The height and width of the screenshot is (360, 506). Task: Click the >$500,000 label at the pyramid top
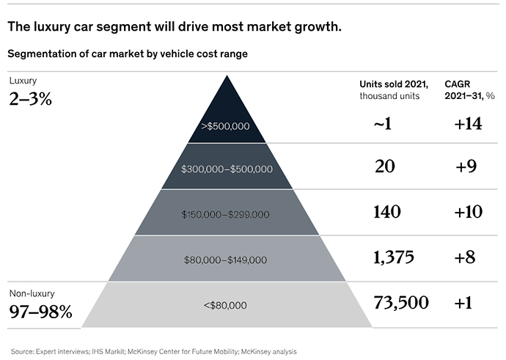click(225, 126)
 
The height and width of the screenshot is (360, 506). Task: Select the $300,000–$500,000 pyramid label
click(226, 169)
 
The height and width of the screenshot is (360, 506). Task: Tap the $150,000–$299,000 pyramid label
click(226, 214)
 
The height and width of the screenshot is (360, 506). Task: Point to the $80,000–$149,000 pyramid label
click(226, 260)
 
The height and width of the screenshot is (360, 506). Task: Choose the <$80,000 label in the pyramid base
click(226, 304)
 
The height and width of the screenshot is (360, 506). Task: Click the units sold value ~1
click(382, 124)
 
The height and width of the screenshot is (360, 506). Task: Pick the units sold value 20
click(384, 167)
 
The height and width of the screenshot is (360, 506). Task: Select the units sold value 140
click(387, 212)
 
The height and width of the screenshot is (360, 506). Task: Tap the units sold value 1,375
click(394, 257)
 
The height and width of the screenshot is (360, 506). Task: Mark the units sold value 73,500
click(400, 302)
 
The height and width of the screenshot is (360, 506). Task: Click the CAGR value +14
click(468, 124)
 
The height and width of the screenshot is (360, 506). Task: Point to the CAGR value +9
click(466, 167)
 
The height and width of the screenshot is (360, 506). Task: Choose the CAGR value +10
click(468, 212)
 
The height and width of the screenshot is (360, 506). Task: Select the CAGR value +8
click(466, 257)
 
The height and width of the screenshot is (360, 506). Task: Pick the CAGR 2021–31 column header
click(469, 89)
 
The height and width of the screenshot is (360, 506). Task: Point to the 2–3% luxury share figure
click(30, 99)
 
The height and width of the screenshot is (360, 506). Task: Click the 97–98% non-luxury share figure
click(40, 312)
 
